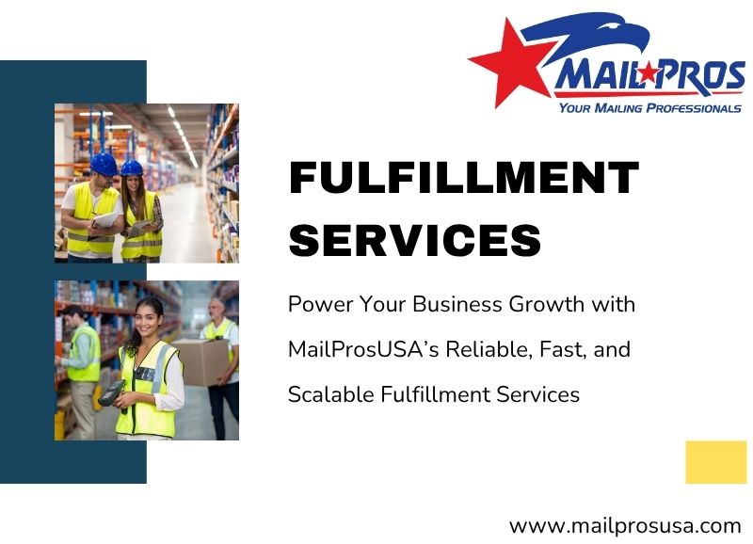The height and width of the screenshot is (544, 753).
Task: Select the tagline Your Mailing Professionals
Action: (649, 108)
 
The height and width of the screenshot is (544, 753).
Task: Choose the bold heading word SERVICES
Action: (415, 240)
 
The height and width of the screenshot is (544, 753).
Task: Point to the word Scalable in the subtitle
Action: (325, 395)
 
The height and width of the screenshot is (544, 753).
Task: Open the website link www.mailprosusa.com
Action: (625, 525)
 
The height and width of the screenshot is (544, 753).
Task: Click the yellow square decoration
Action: (715, 462)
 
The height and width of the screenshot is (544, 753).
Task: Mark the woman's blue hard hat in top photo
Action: (133, 168)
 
